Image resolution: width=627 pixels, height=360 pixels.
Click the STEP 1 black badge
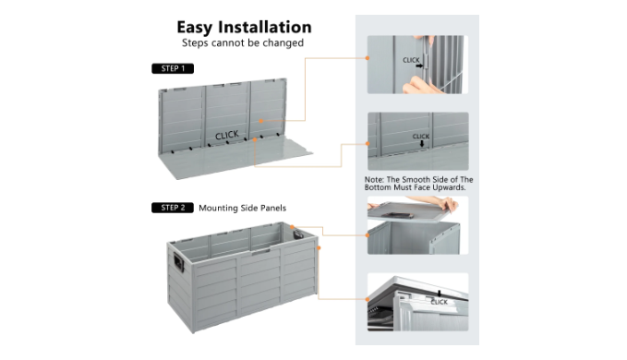coord(173,68)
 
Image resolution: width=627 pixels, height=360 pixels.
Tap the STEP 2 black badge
coord(173,208)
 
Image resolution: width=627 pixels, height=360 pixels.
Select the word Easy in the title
coord(195,28)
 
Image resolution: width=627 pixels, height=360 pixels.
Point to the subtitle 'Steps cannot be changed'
coord(243,42)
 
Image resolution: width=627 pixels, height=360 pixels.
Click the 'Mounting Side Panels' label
coord(242,209)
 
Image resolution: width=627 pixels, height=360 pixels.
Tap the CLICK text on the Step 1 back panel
coord(227,135)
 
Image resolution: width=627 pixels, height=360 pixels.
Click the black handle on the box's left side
coord(178,262)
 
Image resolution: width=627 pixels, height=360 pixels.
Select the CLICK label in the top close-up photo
coord(411,60)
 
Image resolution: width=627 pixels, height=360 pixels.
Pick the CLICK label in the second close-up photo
coord(421,137)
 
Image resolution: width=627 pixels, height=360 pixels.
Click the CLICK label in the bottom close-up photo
coord(439,302)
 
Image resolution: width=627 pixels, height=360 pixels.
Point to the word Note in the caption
coord(373,180)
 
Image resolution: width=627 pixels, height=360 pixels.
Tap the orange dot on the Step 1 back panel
coord(260,121)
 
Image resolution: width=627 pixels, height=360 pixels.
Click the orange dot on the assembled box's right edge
coord(319,248)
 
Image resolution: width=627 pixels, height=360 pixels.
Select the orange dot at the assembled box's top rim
coord(293,227)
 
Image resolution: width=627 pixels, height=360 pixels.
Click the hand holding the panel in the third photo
coord(448,204)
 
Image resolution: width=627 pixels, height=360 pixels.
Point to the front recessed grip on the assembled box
coord(260,253)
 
